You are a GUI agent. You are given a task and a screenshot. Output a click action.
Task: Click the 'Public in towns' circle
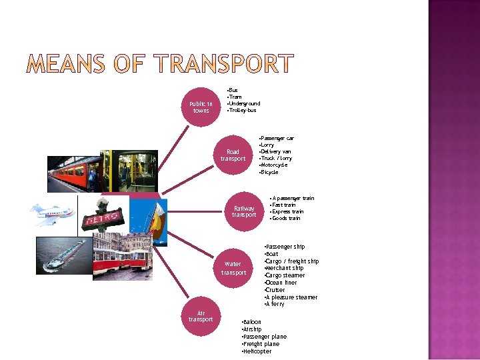(201, 107)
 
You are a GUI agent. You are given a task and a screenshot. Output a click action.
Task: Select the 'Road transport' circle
(233, 155)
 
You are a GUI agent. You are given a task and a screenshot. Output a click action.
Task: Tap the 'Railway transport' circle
(243, 211)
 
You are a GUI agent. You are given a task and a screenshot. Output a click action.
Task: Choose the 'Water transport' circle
(233, 268)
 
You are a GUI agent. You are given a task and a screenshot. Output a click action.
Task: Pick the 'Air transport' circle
(201, 316)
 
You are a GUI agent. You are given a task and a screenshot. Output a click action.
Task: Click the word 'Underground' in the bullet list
(244, 103)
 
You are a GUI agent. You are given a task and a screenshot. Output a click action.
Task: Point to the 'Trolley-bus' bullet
(242, 110)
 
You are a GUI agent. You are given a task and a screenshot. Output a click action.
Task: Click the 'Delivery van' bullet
(276, 151)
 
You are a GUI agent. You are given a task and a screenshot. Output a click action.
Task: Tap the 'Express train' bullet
(287, 211)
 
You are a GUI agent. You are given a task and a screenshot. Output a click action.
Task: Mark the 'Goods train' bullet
(285, 218)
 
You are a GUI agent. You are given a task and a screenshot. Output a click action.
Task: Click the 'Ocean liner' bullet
(281, 283)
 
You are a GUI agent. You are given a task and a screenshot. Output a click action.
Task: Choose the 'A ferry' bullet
(275, 304)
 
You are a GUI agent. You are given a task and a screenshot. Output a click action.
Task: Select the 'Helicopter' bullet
(257, 351)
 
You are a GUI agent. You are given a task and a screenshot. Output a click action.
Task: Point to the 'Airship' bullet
(253, 329)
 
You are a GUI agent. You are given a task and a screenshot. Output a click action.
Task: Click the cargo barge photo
(63, 257)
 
